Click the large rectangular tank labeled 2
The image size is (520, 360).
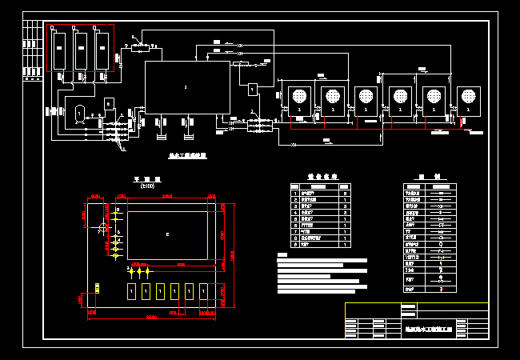[x=186, y=86]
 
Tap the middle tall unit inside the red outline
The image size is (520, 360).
[x=80, y=50]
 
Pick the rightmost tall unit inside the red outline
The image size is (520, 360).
[x=101, y=50]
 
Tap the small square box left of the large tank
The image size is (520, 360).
[x=110, y=103]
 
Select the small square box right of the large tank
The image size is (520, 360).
[x=252, y=88]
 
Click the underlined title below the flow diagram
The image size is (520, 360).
[x=189, y=155]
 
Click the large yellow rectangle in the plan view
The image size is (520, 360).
[x=167, y=234]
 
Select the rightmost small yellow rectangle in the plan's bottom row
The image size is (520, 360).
[x=203, y=291]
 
